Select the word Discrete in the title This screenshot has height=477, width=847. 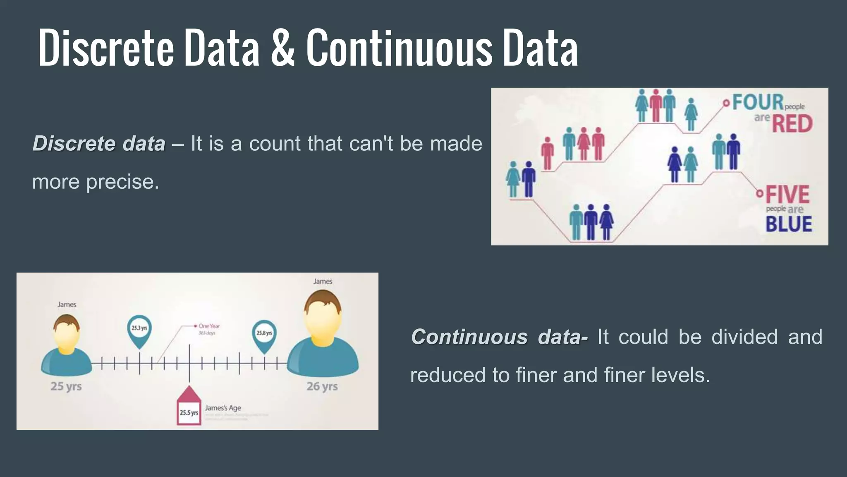pyautogui.click(x=106, y=49)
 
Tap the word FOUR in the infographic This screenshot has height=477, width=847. pyautogui.click(x=758, y=102)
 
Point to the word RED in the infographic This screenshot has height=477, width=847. pyautogui.click(x=792, y=124)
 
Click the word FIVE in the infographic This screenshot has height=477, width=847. pyautogui.click(x=787, y=195)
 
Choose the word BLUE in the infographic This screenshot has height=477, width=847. pyautogui.click(x=789, y=224)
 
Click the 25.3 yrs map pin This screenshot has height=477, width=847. pyautogui.click(x=139, y=330)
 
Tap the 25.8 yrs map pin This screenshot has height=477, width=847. pyautogui.click(x=264, y=334)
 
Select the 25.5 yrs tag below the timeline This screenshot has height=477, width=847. pyautogui.click(x=189, y=412)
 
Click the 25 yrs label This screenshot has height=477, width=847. pyautogui.click(x=66, y=386)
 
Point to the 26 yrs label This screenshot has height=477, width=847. pyautogui.click(x=322, y=386)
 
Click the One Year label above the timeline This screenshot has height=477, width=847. pyautogui.click(x=209, y=326)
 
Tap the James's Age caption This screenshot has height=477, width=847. pyautogui.click(x=223, y=408)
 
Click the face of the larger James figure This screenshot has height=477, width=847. pyautogui.click(x=322, y=321)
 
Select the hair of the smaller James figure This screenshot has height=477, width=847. pyautogui.click(x=66, y=320)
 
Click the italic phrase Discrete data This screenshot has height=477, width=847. pyautogui.click(x=99, y=144)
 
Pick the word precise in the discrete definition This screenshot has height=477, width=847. pyautogui.click(x=122, y=182)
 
